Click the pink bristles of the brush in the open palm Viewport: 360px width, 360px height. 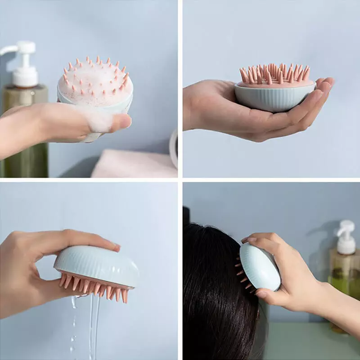[274, 74]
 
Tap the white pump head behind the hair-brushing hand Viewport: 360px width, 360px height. [346, 236]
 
